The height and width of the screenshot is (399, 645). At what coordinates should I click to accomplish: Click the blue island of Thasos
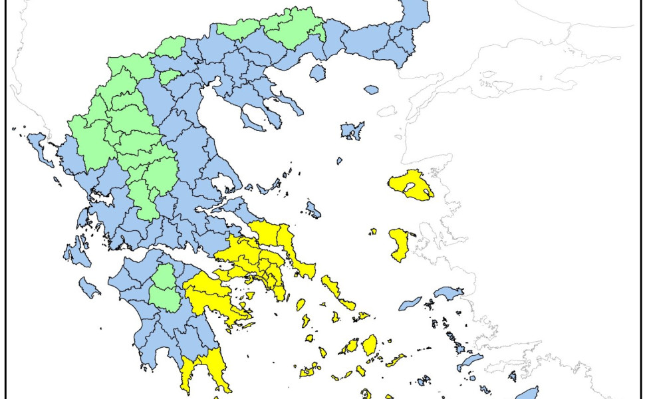pyautogui.click(x=318, y=72)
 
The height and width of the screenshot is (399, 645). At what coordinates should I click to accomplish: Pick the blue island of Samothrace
pyautogui.click(x=371, y=90)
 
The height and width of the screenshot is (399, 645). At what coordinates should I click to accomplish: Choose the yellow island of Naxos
pyautogui.click(x=369, y=344)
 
